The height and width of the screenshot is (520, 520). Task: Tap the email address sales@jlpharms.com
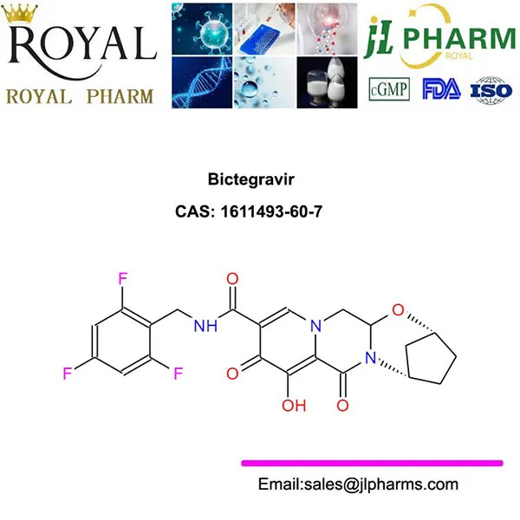pyautogui.click(x=358, y=484)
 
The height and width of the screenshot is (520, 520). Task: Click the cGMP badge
pyautogui.click(x=388, y=88)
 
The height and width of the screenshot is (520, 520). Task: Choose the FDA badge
pyautogui.click(x=439, y=88)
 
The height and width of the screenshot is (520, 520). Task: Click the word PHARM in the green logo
pyautogui.click(x=459, y=39)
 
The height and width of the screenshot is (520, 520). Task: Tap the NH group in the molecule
pyautogui.click(x=205, y=327)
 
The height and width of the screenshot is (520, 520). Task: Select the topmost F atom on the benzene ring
pyautogui.click(x=123, y=279)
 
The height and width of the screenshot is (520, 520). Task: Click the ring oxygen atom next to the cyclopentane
pyautogui.click(x=397, y=309)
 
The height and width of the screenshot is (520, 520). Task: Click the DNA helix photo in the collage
pyautogui.click(x=201, y=84)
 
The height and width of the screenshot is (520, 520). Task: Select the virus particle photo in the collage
pyautogui.click(x=201, y=28)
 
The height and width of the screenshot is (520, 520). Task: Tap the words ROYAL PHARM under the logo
pyautogui.click(x=80, y=94)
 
